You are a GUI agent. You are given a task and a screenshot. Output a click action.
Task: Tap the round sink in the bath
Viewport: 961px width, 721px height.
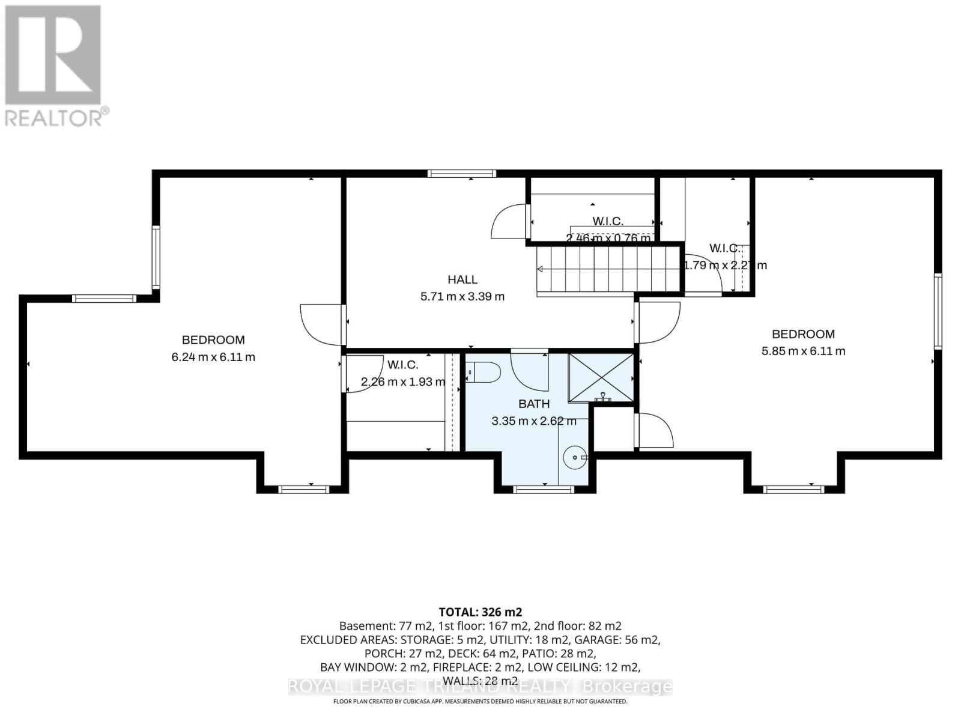(575, 458)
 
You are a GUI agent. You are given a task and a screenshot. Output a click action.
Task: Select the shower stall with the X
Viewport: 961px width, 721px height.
(601, 377)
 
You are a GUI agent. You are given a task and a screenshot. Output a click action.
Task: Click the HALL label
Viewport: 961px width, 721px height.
(462, 279)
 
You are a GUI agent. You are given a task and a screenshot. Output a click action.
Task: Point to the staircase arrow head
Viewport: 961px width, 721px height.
(540, 269)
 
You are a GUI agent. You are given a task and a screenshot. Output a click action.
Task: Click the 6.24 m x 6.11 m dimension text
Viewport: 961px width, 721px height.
(213, 357)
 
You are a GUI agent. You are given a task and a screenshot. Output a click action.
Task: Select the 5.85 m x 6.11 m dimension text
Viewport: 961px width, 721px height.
(803, 351)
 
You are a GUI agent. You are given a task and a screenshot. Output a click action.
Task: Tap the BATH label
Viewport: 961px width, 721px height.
(534, 404)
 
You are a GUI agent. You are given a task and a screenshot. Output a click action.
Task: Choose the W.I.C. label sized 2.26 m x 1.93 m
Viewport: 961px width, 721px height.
(402, 365)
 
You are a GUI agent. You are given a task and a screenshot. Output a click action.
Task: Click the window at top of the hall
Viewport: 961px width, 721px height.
(462, 174)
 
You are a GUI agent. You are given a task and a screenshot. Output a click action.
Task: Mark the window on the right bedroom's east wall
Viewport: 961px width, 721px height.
(937, 311)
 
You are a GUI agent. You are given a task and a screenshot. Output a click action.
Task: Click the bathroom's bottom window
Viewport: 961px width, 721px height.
(545, 490)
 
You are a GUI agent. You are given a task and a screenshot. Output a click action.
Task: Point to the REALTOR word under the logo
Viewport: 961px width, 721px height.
(54, 117)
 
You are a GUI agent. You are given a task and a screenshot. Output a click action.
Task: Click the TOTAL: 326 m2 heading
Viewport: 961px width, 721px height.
(480, 612)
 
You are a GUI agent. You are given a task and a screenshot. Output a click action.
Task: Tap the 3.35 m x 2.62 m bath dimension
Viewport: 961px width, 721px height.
(534, 421)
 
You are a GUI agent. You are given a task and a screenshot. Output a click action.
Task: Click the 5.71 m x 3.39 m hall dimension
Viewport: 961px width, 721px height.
(462, 296)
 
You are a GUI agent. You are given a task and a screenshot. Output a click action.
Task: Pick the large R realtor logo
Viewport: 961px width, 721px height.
(53, 55)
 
